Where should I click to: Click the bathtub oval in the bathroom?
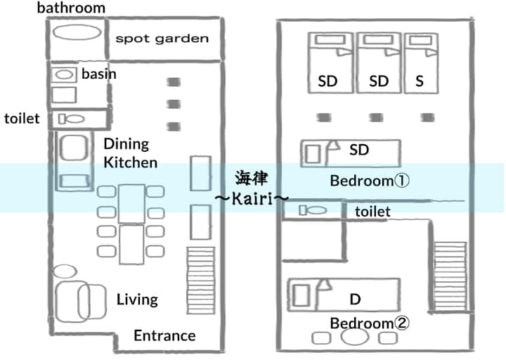click(77, 32)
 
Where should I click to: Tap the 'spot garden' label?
click(162, 39)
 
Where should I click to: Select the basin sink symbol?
click(64, 75)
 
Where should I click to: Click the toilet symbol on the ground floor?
click(71, 119)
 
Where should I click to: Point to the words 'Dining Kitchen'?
click(131, 153)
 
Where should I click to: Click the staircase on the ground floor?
click(201, 281)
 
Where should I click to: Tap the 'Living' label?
click(137, 300)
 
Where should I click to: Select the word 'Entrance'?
click(164, 336)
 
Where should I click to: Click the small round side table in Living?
click(65, 271)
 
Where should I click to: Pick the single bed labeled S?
click(421, 63)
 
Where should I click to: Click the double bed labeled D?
click(344, 295)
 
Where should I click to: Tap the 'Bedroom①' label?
click(370, 181)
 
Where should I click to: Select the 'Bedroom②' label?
click(370, 323)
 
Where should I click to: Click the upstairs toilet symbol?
click(313, 210)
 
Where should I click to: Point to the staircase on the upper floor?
click(450, 277)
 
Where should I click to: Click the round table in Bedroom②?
click(355, 337)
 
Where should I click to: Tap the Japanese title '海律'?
click(252, 179)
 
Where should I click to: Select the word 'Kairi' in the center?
click(252, 198)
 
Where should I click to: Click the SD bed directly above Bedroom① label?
click(351, 153)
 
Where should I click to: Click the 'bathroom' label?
click(71, 8)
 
